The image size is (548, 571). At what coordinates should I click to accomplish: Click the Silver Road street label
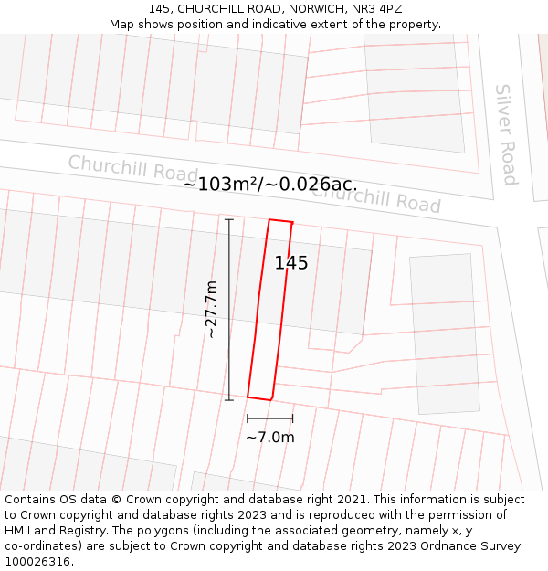pyautogui.click(x=506, y=134)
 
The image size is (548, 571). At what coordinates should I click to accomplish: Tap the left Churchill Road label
pyautogui.click(x=132, y=168)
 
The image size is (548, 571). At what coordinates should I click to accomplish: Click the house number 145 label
pyautogui.click(x=291, y=263)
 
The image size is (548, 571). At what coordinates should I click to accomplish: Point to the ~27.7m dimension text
pyautogui.click(x=211, y=310)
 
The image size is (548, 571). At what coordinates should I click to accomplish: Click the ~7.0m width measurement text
pyautogui.click(x=270, y=437)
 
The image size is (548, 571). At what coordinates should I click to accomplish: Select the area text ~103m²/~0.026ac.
pyautogui.click(x=270, y=184)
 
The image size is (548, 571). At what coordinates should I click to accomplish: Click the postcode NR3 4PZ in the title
pyautogui.click(x=377, y=9)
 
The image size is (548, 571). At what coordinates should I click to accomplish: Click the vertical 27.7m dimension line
pyautogui.click(x=229, y=309)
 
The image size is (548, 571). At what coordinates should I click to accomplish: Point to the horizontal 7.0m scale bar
pyautogui.click(x=270, y=418)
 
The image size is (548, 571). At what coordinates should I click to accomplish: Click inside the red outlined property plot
pyautogui.click(x=271, y=311)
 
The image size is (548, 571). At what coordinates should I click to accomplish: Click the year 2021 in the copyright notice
pyautogui.click(x=353, y=499)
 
